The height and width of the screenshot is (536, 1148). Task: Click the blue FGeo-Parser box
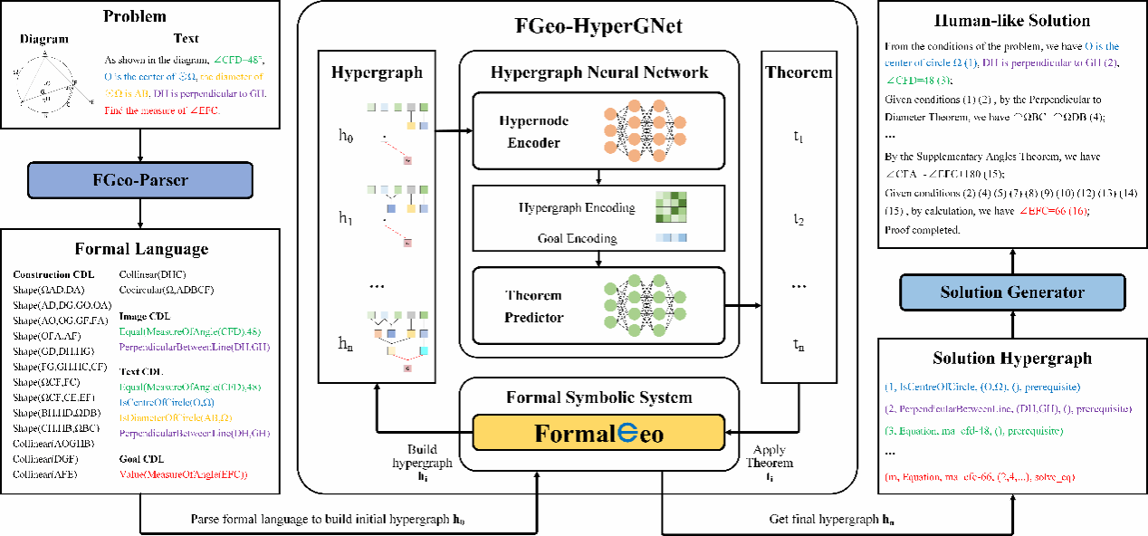140,179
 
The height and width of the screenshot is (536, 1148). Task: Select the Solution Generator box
1010,292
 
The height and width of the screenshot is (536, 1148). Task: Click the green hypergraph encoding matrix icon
671,206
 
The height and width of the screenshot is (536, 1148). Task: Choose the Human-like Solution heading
1011,21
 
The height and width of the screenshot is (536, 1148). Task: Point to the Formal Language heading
140,248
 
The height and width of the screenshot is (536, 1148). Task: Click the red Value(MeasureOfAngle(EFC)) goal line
184,474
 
